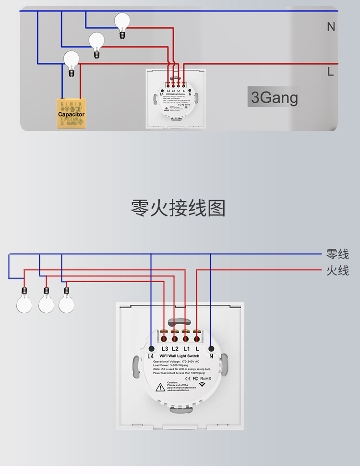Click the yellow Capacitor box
coord(71,114)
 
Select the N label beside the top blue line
coord(331,27)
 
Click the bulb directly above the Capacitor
coord(72,60)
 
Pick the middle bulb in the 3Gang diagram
coord(97,42)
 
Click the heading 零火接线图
coord(178,208)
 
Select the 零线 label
coord(337,254)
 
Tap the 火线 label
coord(337,271)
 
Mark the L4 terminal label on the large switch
coord(151,356)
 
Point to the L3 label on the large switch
coord(165,348)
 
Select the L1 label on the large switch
coord(187,348)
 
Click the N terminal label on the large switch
coord(211,356)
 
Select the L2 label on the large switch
coord(176,348)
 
